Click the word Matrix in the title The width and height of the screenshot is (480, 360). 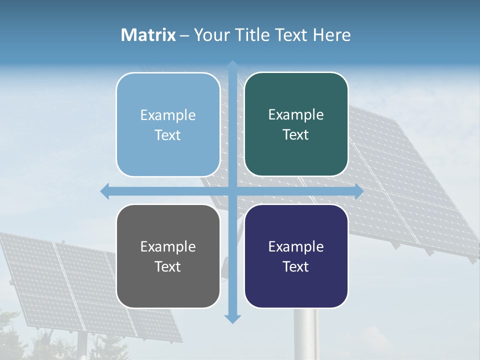coord(148,35)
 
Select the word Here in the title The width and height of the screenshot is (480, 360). coord(332,35)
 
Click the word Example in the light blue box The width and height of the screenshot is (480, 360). coord(168,115)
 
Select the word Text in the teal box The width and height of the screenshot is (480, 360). coord(296,135)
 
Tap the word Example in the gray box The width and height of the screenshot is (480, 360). coord(168,246)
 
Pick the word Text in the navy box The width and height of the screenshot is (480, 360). coord(296,266)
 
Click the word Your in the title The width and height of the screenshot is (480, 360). coord(209,35)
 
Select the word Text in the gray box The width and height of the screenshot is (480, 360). coord(168,266)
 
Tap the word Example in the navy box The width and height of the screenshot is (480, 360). coord(296,246)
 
